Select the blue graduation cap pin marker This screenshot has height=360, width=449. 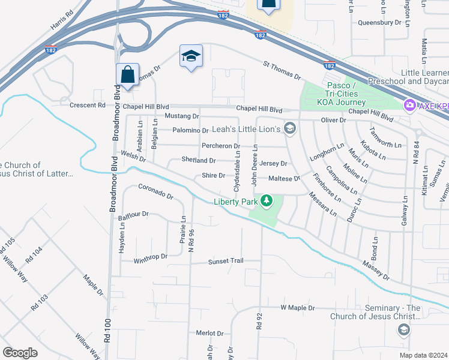pyautogui.click(x=191, y=57)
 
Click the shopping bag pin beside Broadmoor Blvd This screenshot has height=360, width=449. pyautogui.click(x=127, y=76)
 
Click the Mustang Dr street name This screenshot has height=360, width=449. pyautogui.click(x=181, y=115)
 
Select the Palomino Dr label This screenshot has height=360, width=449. pyautogui.click(x=190, y=130)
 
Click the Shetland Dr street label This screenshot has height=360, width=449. pyautogui.click(x=199, y=160)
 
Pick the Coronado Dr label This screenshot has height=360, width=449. pyautogui.click(x=155, y=192)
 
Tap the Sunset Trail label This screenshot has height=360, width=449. pyautogui.click(x=226, y=262)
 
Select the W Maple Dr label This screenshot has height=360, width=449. pyautogui.click(x=298, y=308)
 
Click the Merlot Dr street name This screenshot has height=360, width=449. pyautogui.click(x=209, y=333)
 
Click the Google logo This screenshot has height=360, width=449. pyautogui.click(x=20, y=353)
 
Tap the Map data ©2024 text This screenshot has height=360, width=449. pyautogui.click(x=423, y=355)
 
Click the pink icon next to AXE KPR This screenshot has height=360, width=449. pyautogui.click(x=410, y=105)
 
